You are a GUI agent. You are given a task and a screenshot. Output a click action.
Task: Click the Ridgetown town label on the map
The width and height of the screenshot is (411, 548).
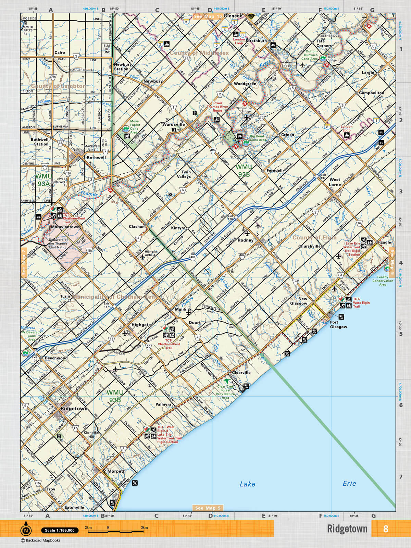pos(74,409)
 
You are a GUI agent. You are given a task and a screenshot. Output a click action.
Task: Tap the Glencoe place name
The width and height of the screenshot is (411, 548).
pos(233,16)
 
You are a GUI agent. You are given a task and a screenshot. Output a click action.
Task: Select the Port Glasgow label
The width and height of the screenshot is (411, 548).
pos(338,324)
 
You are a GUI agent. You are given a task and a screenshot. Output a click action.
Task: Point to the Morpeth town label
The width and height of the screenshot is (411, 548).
pos(116,471)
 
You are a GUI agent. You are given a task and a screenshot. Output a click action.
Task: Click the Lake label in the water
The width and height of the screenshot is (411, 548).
pos(247,484)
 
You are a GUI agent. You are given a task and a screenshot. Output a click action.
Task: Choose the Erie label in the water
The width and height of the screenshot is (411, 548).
pos(349,483)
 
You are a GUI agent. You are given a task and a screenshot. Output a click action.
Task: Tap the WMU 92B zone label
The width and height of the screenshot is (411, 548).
pos(244,171)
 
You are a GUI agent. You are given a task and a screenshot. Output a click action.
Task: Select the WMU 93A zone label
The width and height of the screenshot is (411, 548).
pos(44,180)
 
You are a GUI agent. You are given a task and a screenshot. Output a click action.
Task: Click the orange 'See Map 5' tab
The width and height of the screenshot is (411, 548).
pos(208,508)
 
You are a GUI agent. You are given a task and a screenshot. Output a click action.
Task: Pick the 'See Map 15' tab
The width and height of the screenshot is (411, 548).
pos(208,16)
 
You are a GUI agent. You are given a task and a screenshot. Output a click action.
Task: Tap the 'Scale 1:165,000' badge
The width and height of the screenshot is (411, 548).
pos(60,530)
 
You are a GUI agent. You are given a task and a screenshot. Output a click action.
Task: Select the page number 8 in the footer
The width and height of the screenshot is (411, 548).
pos(386,529)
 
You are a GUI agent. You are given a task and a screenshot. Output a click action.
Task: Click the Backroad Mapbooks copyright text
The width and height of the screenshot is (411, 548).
pos(40,540)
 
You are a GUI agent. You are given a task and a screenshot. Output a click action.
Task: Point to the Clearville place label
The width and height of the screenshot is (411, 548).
pos(241,372)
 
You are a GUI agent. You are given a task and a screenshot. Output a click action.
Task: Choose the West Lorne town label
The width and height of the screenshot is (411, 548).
pos(335,182)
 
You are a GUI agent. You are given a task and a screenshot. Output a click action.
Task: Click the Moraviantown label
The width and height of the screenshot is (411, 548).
pos(65,227)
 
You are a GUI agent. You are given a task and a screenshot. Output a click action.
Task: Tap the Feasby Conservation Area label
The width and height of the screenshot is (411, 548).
pos(383,281)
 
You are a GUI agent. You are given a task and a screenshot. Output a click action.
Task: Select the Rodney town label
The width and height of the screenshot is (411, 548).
pos(245,240)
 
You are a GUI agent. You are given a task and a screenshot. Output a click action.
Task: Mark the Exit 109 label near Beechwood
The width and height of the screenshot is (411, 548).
pos(35,359)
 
